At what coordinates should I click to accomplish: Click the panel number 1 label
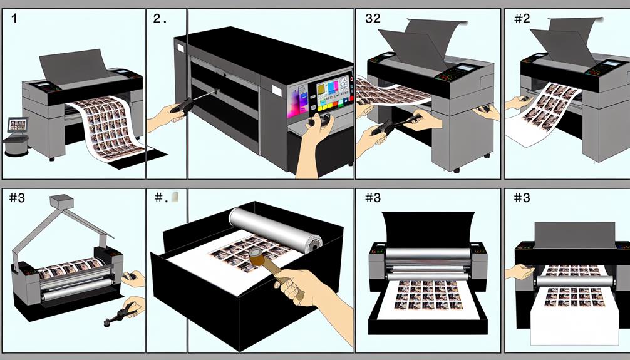click(14, 19)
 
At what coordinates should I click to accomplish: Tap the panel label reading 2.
click(158, 19)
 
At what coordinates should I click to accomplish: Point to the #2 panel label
click(521, 19)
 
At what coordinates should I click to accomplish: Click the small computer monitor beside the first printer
click(17, 125)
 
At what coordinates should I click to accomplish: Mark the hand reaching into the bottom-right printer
click(520, 271)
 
